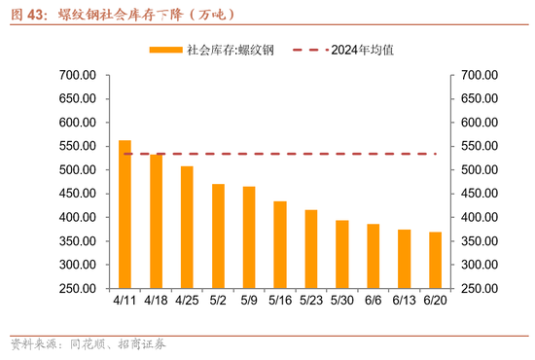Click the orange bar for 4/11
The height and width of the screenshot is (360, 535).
pos(125,214)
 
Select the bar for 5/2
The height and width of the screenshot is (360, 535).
pos(218,236)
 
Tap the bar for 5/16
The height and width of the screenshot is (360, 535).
pos(280,244)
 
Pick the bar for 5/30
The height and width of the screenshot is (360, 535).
pos(341,254)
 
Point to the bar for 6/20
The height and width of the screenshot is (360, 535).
pos(435,260)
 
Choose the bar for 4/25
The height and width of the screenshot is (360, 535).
pos(187,227)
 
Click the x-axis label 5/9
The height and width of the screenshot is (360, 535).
pos(249,303)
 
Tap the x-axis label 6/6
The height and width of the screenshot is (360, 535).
pos(373,303)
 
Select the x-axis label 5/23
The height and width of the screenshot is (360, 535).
pos(310,303)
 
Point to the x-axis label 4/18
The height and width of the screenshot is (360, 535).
pos(156,303)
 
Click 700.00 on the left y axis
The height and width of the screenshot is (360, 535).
pos(78,75)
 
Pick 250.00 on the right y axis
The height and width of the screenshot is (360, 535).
pos(479,288)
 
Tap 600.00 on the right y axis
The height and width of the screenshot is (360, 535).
pos(479,123)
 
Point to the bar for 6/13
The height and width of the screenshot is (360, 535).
pos(404,259)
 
